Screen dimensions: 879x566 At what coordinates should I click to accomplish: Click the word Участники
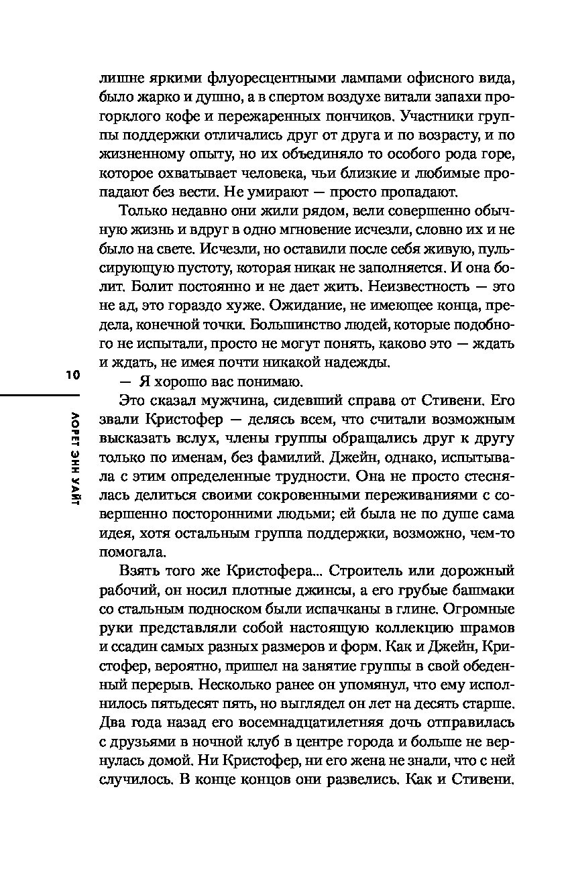437,116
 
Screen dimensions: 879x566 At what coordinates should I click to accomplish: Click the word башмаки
480,591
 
